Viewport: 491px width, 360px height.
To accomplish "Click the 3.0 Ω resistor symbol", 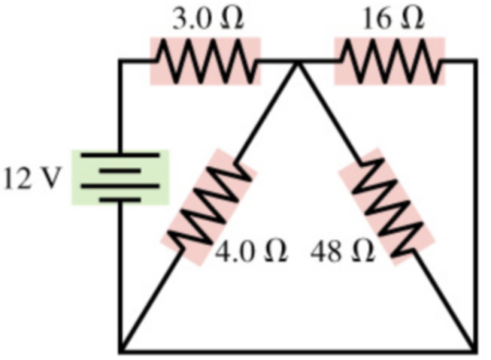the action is click(x=205, y=61).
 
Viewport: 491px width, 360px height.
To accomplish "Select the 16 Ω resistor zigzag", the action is click(x=390, y=61).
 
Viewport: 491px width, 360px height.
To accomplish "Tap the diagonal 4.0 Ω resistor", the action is click(x=209, y=207).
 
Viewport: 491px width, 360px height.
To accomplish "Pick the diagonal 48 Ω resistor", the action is click(x=387, y=207).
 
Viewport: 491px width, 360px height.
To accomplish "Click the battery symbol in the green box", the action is click(x=120, y=177).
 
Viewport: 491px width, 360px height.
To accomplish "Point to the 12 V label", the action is click(x=32, y=179).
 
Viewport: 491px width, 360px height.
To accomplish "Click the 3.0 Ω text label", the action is click(x=208, y=19).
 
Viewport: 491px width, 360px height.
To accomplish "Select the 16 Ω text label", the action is click(x=394, y=18).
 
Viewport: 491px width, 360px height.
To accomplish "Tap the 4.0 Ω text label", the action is click(x=251, y=251).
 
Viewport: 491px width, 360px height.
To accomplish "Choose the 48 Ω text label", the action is click(x=343, y=251).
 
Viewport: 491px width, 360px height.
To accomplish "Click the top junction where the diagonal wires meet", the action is click(x=298, y=62).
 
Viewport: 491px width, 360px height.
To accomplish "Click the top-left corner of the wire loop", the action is click(x=121, y=61).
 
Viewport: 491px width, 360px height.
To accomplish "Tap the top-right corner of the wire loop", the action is click(x=475, y=61).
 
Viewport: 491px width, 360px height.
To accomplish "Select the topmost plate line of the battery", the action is click(x=120, y=155).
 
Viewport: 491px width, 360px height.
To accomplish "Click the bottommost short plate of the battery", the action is click(x=120, y=199).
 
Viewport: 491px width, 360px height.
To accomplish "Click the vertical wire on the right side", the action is click(x=475, y=206).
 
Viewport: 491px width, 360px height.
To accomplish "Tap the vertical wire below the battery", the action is click(x=121, y=276).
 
